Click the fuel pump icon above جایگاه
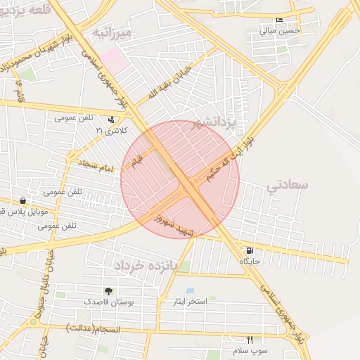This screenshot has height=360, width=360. [249, 251]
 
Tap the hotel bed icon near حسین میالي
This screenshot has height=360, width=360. [279, 20]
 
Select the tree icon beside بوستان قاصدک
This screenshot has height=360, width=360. [108, 291]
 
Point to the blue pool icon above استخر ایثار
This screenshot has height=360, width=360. [190, 290]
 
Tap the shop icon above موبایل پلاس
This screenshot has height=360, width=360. [23, 201]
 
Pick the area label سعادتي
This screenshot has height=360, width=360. [288, 184]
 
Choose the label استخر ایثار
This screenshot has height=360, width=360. [190, 302]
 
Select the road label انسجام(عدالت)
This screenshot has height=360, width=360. [92, 329]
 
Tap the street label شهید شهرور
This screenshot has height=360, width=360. [176, 224]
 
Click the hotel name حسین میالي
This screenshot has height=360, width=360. [279, 31]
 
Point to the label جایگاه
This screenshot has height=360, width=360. [250, 262]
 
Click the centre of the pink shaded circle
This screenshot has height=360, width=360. [180, 179]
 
